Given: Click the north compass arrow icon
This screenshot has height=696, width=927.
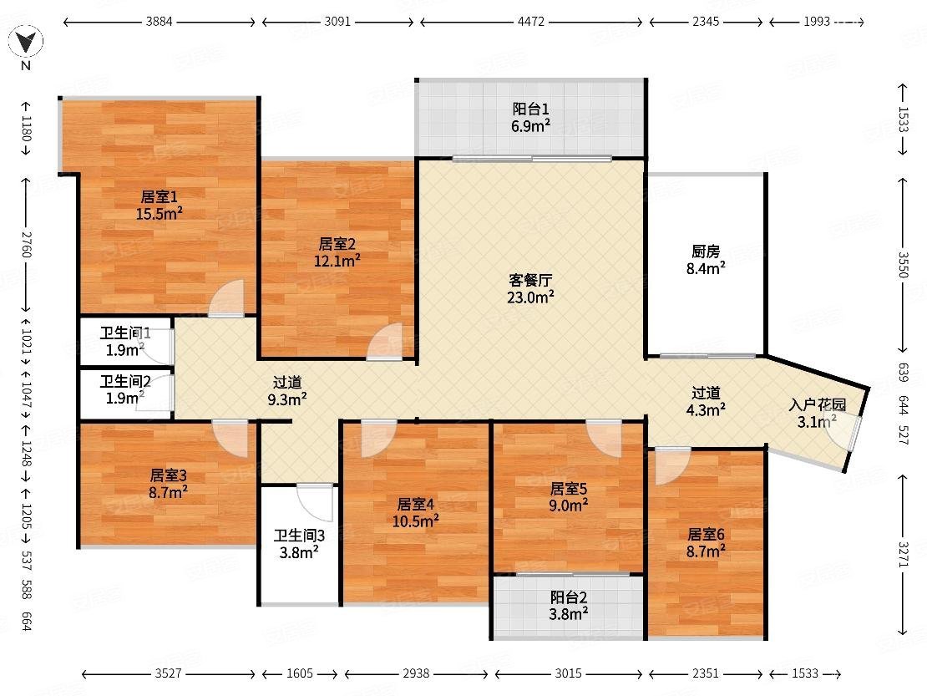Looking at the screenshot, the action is click(x=25, y=42).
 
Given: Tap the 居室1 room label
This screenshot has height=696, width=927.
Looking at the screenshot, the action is click(x=159, y=197).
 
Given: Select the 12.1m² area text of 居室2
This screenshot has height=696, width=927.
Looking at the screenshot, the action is click(x=337, y=260).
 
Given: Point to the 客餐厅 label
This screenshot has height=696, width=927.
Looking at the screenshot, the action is click(x=530, y=280).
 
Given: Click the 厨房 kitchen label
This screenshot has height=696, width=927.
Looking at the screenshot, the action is click(x=706, y=251).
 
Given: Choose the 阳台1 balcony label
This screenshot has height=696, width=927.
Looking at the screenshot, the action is click(x=531, y=109).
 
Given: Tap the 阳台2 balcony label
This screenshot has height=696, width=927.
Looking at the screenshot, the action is click(x=568, y=597).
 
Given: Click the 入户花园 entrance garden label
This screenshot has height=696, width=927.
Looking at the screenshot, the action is click(x=817, y=405).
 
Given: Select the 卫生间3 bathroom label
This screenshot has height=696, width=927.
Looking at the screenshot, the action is click(x=299, y=536).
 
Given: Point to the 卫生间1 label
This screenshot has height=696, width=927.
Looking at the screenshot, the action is click(x=125, y=333).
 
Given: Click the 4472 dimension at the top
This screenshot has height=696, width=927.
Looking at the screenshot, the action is click(x=531, y=22).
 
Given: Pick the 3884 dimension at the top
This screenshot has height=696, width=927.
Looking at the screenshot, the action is click(x=159, y=22).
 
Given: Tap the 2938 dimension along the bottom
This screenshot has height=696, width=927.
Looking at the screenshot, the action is click(x=416, y=673).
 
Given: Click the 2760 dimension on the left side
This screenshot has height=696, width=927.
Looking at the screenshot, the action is click(x=26, y=244).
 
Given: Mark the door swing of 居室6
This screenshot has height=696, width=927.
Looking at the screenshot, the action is click(x=671, y=465).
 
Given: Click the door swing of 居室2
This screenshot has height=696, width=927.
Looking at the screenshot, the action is click(x=385, y=341).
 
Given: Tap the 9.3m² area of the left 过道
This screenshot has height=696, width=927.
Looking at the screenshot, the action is click(x=287, y=399).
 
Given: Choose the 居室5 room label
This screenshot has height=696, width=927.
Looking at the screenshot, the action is click(x=568, y=489).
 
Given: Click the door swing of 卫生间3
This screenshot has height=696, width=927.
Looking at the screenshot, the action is click(x=315, y=502).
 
